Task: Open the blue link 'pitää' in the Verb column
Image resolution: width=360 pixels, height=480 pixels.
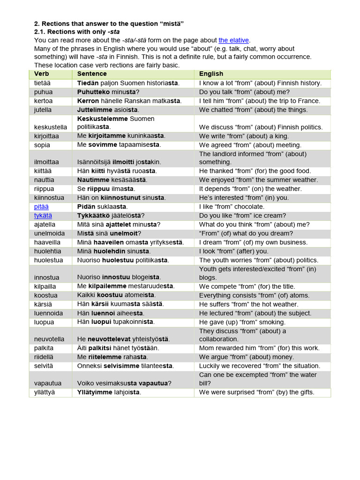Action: point(41,207)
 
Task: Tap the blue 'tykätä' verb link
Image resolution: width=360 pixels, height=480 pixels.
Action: point(43,216)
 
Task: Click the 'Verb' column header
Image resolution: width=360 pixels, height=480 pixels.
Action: point(41,74)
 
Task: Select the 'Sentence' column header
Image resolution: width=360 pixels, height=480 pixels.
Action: point(92,74)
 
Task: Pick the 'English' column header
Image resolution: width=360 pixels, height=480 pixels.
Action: point(211,74)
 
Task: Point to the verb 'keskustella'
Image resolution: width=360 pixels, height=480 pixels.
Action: point(51,127)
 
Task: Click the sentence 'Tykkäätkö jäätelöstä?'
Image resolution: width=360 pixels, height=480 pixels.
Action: point(111,216)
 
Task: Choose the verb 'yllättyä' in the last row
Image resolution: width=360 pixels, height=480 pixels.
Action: point(45,392)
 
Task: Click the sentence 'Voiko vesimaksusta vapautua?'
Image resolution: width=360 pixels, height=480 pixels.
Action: point(124,383)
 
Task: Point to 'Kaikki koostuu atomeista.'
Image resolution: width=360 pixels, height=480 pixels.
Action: point(116,295)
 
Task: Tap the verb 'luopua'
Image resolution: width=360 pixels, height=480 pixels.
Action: point(44,322)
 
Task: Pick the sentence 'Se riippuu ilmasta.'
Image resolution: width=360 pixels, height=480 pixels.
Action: point(105,189)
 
